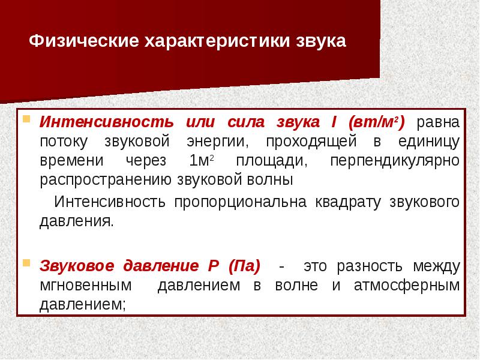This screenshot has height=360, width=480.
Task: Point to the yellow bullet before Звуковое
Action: (26, 262)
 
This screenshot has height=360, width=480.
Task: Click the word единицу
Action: (429, 142)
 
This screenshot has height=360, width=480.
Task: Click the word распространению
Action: (106, 180)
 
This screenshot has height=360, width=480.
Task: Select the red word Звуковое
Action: (77, 266)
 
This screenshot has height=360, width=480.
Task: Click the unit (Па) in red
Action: (244, 266)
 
